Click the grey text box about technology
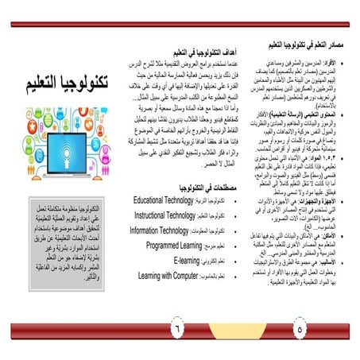click(60, 234)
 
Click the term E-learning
click(192, 260)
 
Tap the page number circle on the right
click(299, 326)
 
